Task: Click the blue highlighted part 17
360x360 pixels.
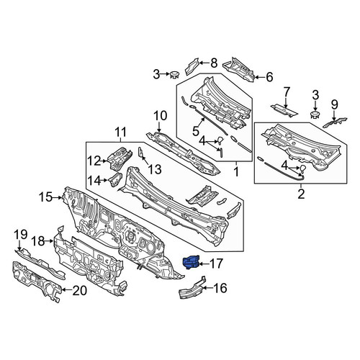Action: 191,262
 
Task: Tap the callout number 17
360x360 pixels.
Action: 216,264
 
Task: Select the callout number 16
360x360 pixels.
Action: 220,288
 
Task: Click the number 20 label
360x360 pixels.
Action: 80,291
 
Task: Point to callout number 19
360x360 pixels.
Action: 21,235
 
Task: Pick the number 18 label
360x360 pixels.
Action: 38,241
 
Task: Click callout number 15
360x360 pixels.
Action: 45,197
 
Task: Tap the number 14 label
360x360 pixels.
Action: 94,181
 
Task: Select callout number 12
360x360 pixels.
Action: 94,161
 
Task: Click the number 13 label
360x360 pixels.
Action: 155,170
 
